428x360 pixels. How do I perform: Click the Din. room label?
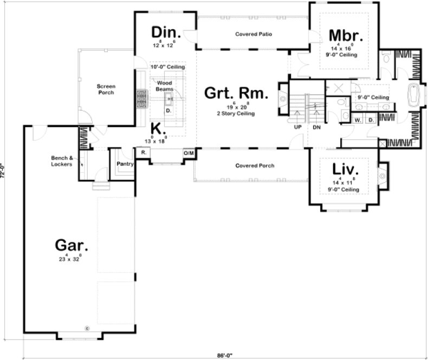pyautogui.click(x=166, y=31)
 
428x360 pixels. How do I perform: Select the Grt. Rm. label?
pyautogui.click(x=236, y=94)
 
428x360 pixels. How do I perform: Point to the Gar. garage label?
pyautogui.click(x=72, y=245)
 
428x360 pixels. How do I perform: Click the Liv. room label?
pyautogui.click(x=346, y=169)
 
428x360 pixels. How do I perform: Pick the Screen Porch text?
pyautogui.click(x=106, y=89)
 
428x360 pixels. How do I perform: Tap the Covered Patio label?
pyautogui.click(x=253, y=35)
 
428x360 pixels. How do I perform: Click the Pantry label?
pyautogui.click(x=125, y=163)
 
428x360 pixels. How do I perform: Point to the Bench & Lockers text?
pyautogui.click(x=62, y=160)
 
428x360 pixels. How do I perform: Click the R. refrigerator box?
pyautogui.click(x=144, y=153)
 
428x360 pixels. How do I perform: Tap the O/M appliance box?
pyautogui.click(x=189, y=154)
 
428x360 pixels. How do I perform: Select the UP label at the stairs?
pyautogui.click(x=297, y=128)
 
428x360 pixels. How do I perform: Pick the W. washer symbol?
pyautogui.click(x=358, y=120)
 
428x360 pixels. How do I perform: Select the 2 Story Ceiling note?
pyautogui.click(x=236, y=114)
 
